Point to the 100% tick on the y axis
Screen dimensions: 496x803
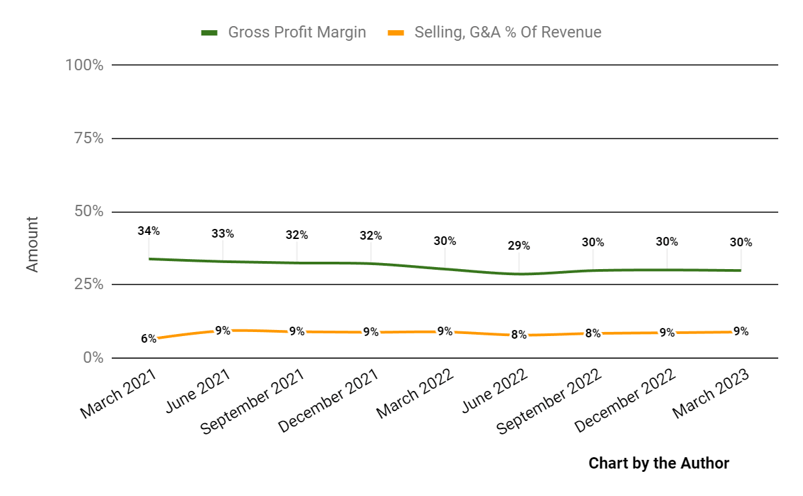point(84,66)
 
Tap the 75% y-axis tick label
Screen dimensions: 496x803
point(88,139)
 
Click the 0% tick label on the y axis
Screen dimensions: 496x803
point(92,357)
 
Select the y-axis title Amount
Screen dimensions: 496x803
point(33,244)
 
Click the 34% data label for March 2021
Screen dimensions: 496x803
point(149,231)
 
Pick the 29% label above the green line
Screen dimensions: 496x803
point(519,246)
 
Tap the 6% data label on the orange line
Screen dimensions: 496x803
point(148,339)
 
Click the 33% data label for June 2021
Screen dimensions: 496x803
point(223,234)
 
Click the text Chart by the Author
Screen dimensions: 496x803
point(658,463)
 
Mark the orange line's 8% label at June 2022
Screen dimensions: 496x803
point(519,335)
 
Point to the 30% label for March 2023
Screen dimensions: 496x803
point(741,242)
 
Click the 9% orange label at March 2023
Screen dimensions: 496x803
point(741,331)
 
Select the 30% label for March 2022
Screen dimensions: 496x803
point(445,241)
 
